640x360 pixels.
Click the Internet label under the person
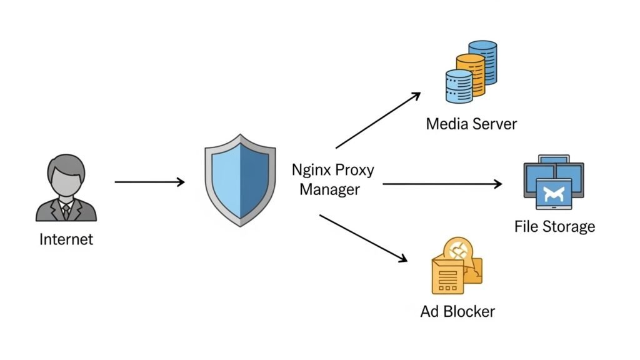point(66,239)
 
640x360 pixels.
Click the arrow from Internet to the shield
point(150,182)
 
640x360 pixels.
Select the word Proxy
point(354,171)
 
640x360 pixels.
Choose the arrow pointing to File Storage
point(442,184)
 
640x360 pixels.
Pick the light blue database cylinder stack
point(458,86)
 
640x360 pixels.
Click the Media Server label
point(471,124)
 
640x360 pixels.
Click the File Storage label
point(554,226)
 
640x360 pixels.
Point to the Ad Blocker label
point(457,311)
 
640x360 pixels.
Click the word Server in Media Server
point(496,124)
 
